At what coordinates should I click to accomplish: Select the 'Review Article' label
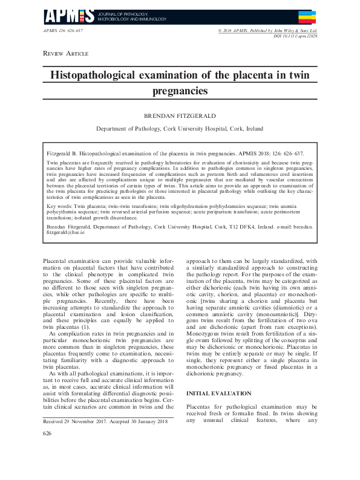(65, 54)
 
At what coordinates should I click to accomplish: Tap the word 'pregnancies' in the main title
(180, 91)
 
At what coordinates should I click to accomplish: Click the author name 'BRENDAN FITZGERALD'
(179, 114)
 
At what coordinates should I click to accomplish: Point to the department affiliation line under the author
(179, 129)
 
